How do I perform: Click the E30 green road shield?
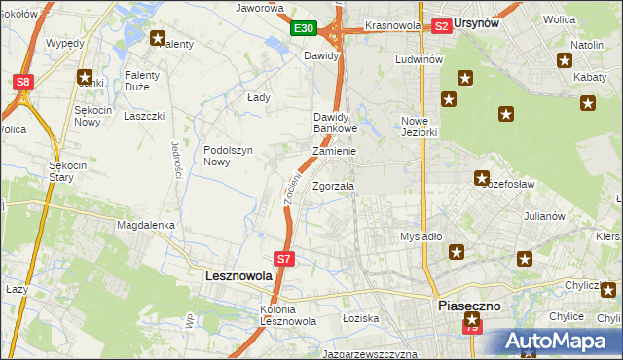(x=303, y=29)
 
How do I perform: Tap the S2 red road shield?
(x=441, y=26)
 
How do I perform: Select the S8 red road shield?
(x=23, y=83)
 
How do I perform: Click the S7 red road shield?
(x=283, y=259)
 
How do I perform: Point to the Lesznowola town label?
(x=238, y=276)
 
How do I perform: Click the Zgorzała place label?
(x=334, y=186)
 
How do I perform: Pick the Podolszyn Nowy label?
(x=229, y=156)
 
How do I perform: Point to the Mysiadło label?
(x=421, y=236)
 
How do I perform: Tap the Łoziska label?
(x=360, y=318)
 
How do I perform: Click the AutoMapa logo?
(x=558, y=342)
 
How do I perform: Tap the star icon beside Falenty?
(x=158, y=39)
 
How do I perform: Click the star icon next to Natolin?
(x=565, y=61)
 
